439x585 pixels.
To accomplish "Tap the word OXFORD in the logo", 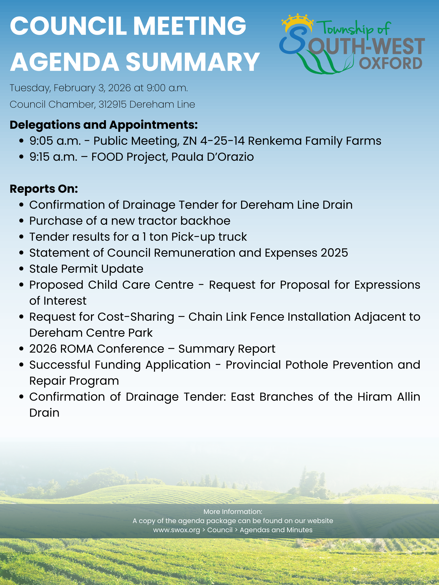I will pyautogui.click(x=390, y=63).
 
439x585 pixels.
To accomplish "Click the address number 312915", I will pyautogui.click(x=113, y=104).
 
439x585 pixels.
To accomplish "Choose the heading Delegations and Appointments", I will pyautogui.click(x=103, y=125).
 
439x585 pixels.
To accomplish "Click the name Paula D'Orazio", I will pyautogui.click(x=212, y=157).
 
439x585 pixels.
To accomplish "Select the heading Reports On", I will pyautogui.click(x=44, y=189).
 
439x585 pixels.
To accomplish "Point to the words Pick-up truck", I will pyautogui.click(x=209, y=237).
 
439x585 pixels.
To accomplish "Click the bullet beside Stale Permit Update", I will pyautogui.click(x=21, y=269).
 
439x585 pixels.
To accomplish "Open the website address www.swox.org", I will pyautogui.click(x=177, y=530).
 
